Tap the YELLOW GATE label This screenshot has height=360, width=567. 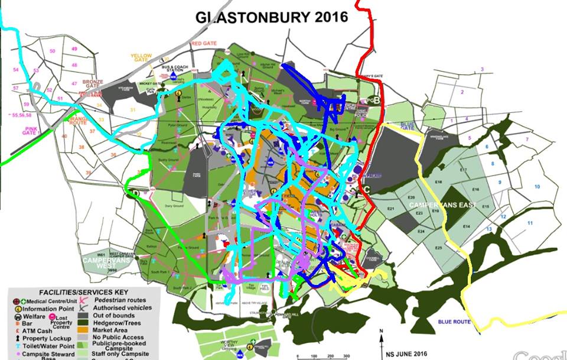pos(141,58)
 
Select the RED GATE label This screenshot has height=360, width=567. pos(204,44)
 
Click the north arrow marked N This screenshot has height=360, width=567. pos(382,332)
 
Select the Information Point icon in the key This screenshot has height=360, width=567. pos(17,307)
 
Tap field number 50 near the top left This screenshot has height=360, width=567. pos(53,51)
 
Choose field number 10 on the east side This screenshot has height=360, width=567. pos(537,187)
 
